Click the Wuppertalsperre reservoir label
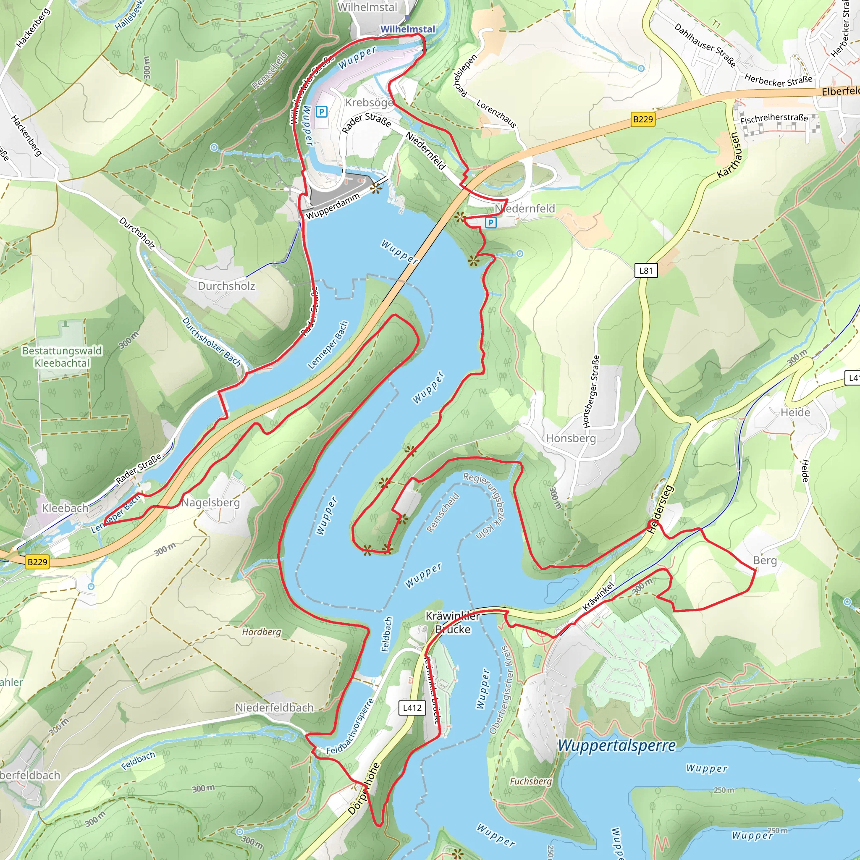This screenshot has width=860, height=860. point(616,745)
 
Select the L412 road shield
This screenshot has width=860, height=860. point(412,708)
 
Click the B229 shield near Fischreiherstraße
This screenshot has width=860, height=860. point(643,119)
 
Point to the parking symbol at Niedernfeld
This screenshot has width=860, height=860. point(490,223)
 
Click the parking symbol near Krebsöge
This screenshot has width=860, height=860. point(321,112)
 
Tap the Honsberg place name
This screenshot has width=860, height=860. point(571,438)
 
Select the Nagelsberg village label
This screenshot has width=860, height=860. point(210,503)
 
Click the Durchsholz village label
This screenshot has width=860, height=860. point(227,286)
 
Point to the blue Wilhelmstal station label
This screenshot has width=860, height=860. point(407,29)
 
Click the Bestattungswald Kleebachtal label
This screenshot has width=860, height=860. point(62,357)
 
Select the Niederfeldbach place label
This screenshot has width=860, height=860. point(274,707)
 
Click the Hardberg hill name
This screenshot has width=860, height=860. point(262,632)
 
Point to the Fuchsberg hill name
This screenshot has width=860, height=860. point(531,781)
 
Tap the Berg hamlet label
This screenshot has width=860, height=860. point(765,561)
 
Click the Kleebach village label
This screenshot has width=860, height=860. point(65,508)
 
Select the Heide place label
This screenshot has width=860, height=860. point(795,412)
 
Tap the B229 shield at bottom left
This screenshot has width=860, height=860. point(37,562)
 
